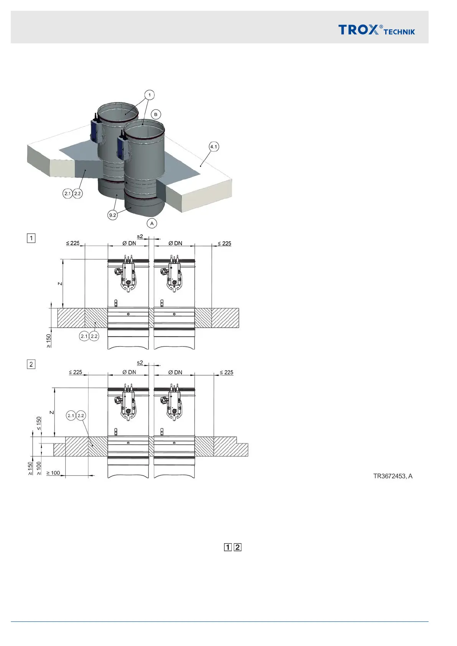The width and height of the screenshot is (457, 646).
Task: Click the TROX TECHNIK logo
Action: click(x=376, y=30)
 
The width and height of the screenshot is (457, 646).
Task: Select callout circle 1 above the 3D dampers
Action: click(x=150, y=95)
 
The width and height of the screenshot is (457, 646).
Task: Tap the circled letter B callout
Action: click(x=155, y=114)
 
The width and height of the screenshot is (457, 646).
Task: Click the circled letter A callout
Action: click(x=152, y=223)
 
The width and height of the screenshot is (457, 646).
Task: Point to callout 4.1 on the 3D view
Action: click(x=214, y=147)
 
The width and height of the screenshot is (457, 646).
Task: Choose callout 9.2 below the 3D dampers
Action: click(x=112, y=215)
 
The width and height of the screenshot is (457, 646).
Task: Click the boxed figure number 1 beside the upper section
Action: click(x=31, y=238)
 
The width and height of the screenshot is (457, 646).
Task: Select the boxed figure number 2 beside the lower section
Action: click(x=31, y=364)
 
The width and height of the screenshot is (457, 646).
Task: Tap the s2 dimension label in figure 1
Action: click(x=140, y=237)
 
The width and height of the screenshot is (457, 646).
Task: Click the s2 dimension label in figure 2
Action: click(x=140, y=363)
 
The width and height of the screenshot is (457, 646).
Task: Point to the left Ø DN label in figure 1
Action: click(x=129, y=243)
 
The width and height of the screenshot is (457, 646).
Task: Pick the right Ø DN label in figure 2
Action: click(x=175, y=372)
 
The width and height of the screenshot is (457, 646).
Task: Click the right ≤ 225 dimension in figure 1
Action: click(x=224, y=243)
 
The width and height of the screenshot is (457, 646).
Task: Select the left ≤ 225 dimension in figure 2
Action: click(x=76, y=372)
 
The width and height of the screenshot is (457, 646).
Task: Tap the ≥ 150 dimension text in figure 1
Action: click(x=49, y=341)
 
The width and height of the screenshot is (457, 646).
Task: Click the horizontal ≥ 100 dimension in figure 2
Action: click(x=53, y=473)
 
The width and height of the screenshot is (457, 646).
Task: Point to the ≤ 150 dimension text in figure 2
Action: click(x=39, y=424)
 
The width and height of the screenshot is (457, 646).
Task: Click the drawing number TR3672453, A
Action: click(x=393, y=476)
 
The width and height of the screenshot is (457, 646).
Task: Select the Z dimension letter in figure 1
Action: click(x=60, y=284)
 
